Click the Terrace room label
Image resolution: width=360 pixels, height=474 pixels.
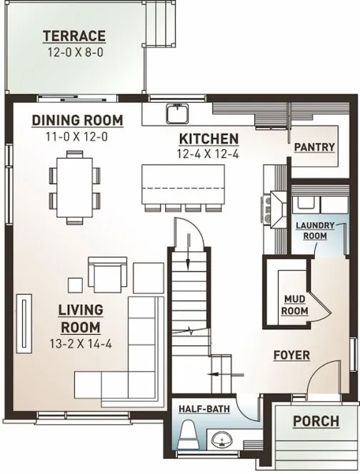(x=74, y=36)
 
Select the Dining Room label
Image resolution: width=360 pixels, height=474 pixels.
(x=78, y=120)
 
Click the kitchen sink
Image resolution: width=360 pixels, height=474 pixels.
(x=175, y=113)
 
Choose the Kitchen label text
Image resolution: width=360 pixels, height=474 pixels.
(x=208, y=138)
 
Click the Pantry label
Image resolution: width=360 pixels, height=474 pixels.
(x=314, y=147)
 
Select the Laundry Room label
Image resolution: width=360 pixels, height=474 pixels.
(x=315, y=230)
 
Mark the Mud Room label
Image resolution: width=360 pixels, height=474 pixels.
(x=295, y=305)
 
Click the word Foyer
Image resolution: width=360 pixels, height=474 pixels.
(x=291, y=355)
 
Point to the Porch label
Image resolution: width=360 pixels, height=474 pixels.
(x=316, y=421)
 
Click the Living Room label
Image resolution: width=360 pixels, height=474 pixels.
(x=80, y=318)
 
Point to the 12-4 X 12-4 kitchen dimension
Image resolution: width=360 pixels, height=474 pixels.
(x=208, y=153)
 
